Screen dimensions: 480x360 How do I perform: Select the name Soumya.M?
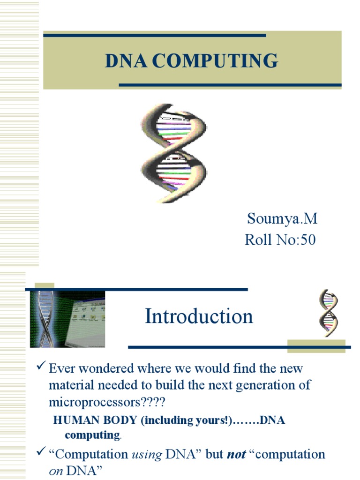(x=282, y=218)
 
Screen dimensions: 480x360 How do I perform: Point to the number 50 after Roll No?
(x=307, y=240)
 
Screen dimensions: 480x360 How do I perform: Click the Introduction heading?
(x=199, y=316)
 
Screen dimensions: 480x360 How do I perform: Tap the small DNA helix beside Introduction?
(x=328, y=313)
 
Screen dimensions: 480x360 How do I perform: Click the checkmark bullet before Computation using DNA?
(x=41, y=453)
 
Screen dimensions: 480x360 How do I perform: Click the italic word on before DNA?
(x=56, y=471)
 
